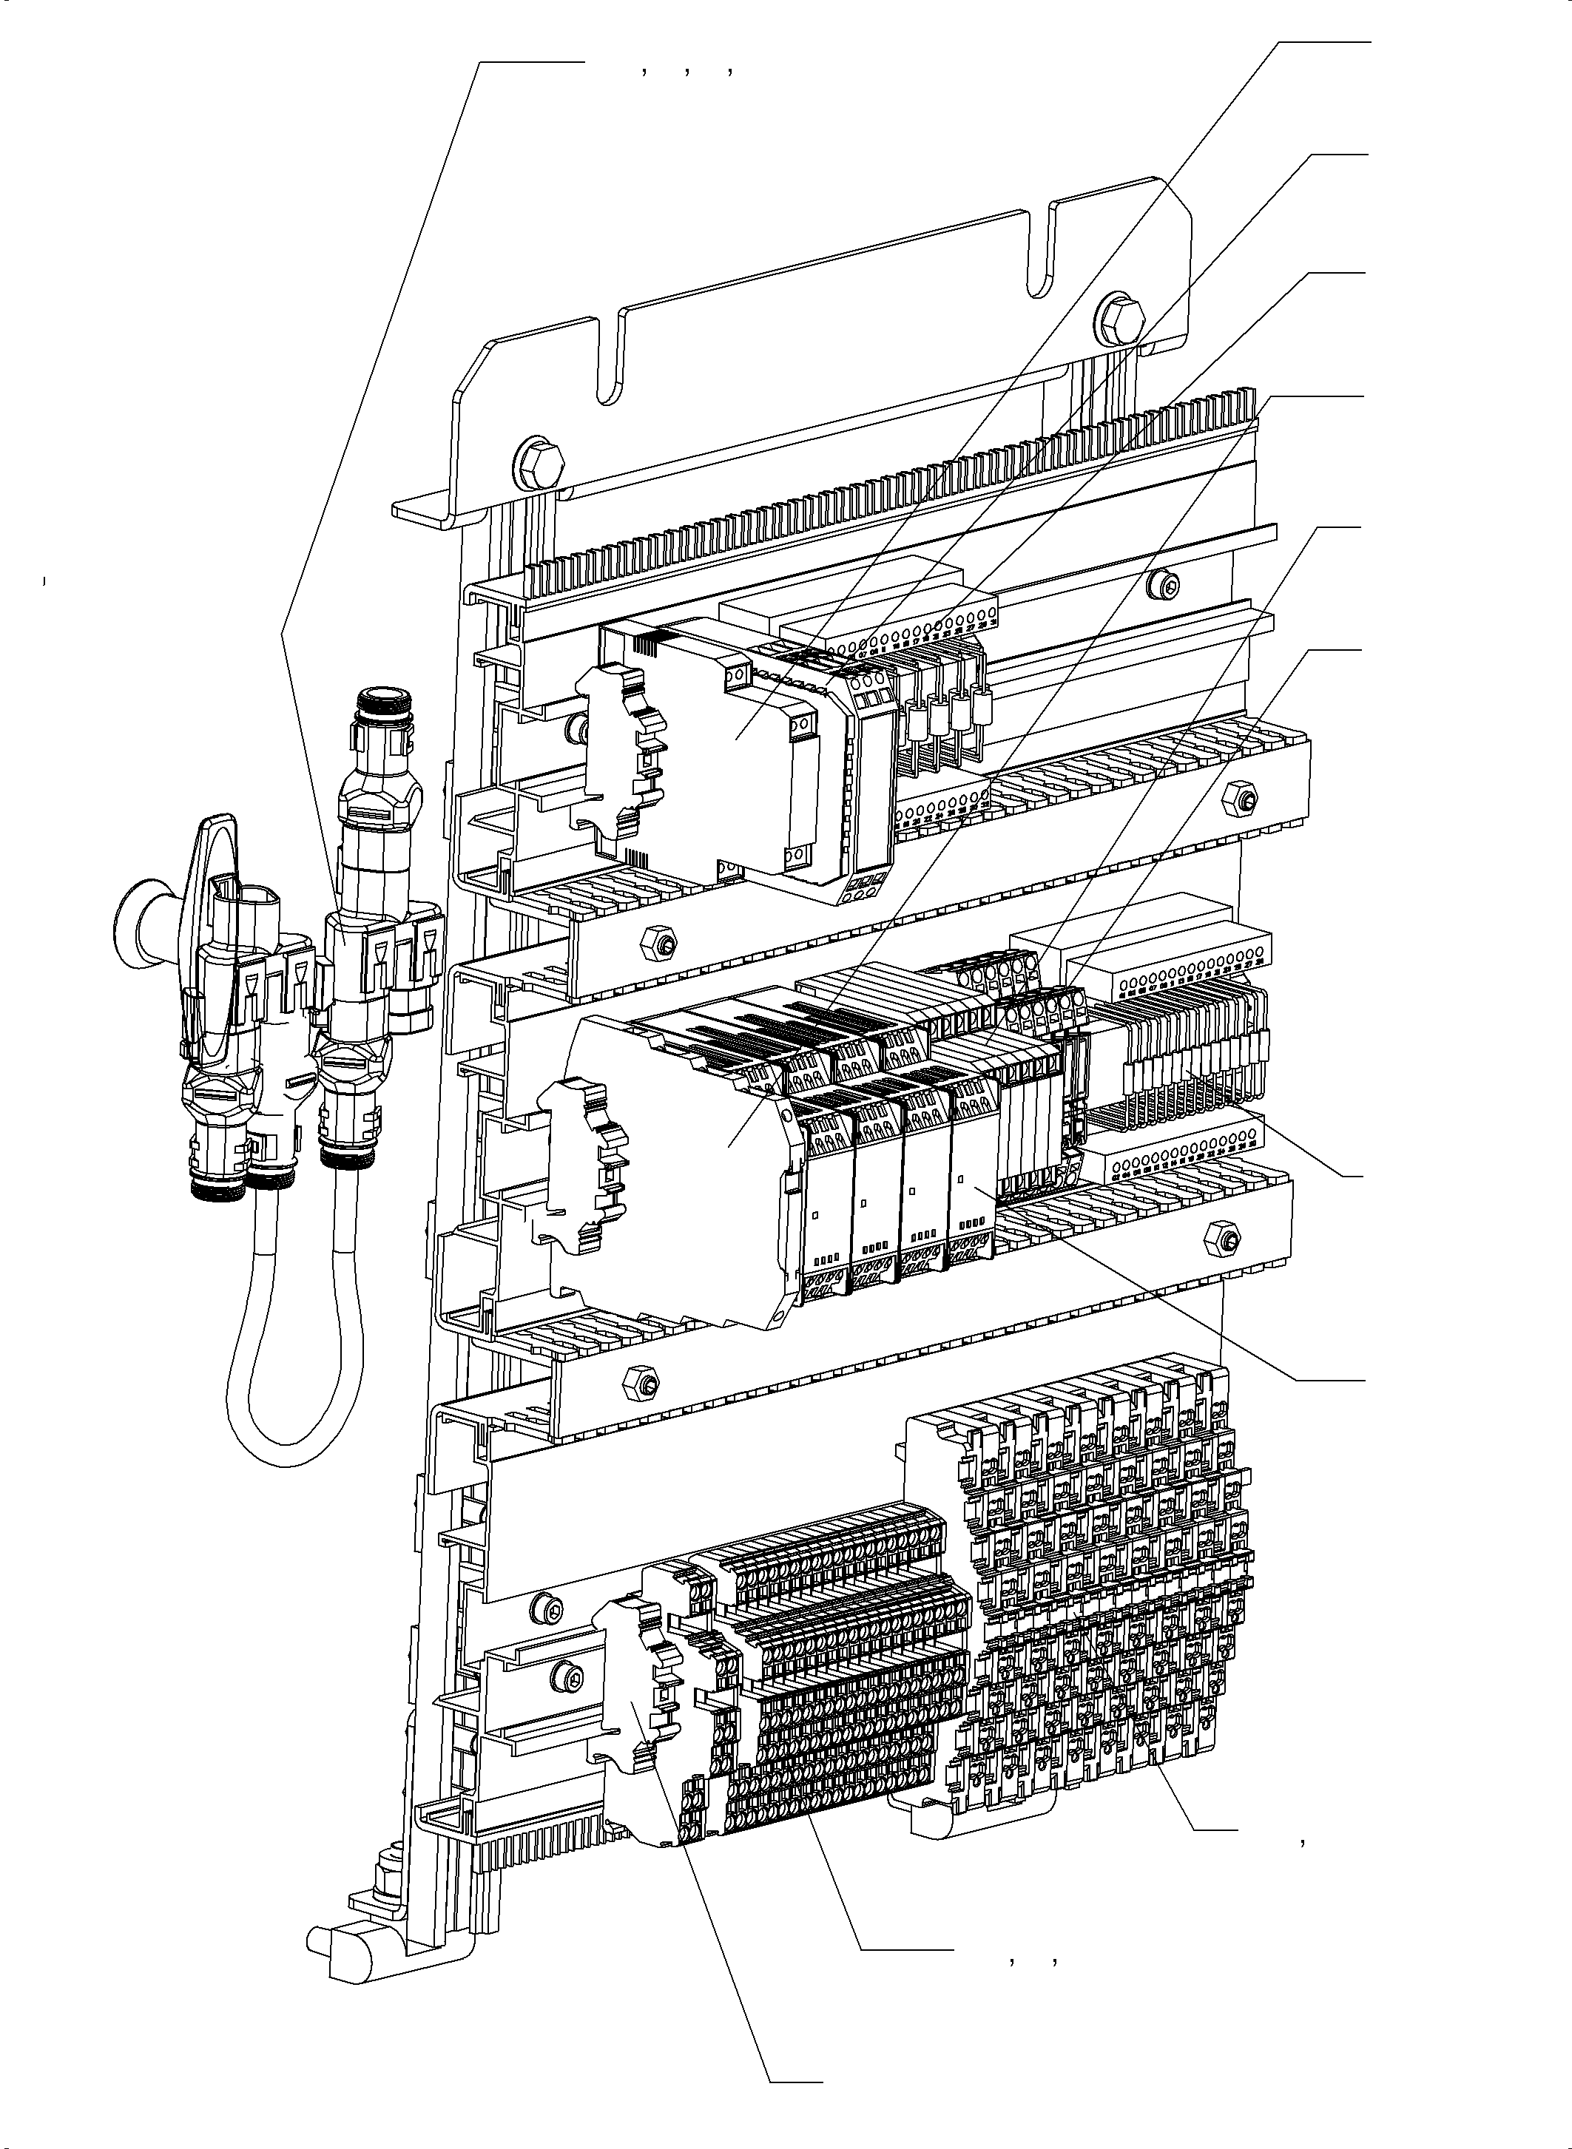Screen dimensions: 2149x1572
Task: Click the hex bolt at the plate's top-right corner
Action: (x=1119, y=322)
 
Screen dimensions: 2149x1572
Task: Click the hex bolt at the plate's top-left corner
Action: (x=539, y=465)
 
